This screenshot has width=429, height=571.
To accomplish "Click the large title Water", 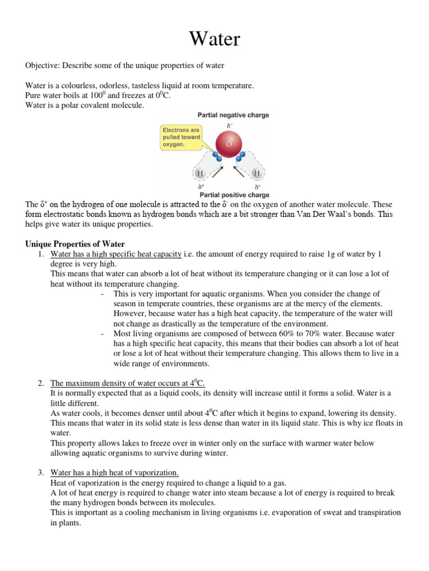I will click(214, 39).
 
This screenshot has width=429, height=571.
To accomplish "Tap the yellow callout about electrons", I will click(180, 137).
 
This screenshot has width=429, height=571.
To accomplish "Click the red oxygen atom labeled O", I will click(228, 144).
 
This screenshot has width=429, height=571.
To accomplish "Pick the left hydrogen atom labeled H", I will click(200, 173).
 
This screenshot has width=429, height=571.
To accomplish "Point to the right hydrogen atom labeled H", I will click(257, 173).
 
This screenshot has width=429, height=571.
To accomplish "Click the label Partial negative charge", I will click(233, 115).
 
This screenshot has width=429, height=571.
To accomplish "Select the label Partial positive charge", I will click(234, 195).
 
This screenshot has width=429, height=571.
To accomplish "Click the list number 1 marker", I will click(41, 254).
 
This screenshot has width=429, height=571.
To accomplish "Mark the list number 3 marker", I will click(41, 473).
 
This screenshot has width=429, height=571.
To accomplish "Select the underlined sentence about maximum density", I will click(127, 384).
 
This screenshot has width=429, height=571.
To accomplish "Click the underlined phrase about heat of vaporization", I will click(115, 473).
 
